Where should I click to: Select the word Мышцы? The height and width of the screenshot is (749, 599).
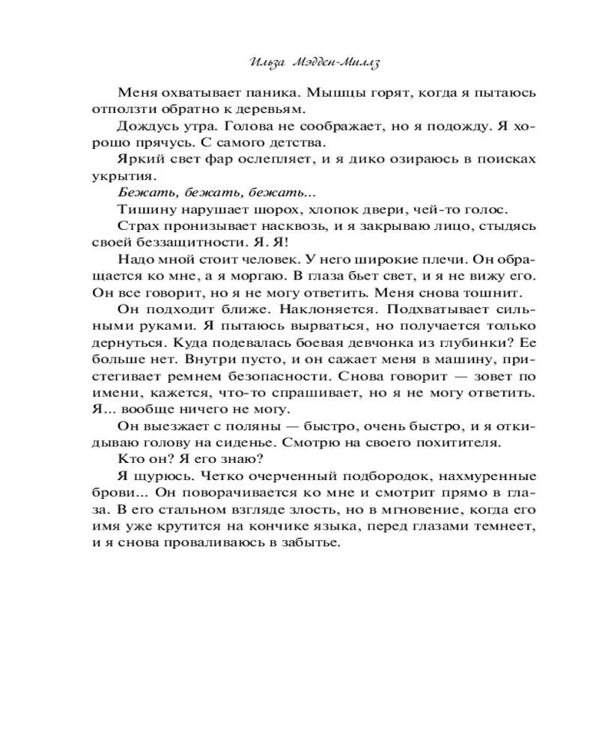(311, 94)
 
